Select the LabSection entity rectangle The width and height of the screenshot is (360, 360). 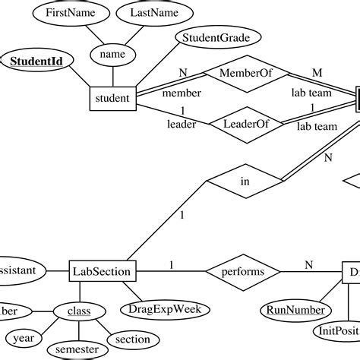click(x=103, y=270)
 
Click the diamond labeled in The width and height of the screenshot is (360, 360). click(x=245, y=182)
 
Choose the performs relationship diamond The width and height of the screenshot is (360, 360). click(x=243, y=270)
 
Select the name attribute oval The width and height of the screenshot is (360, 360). click(x=112, y=54)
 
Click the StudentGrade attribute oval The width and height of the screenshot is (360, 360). click(x=218, y=36)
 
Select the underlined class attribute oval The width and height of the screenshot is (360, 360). click(x=78, y=311)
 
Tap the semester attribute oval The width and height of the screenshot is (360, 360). click(x=77, y=349)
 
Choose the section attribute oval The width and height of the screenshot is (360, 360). click(x=133, y=338)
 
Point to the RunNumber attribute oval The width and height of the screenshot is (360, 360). click(x=296, y=310)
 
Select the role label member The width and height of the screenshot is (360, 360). click(x=182, y=93)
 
